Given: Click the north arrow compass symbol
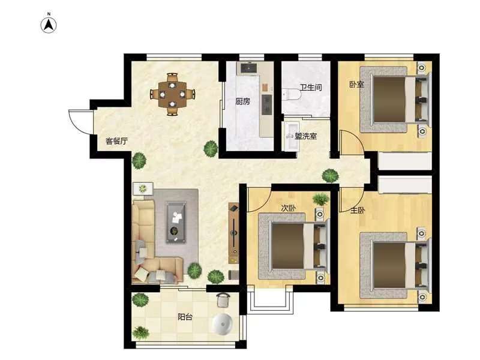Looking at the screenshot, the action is tap(49, 25).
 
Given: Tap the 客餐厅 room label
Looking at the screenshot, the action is tap(116, 141).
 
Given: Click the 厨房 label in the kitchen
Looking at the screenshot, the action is tap(243, 101).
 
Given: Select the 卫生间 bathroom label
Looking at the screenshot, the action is tap(311, 88).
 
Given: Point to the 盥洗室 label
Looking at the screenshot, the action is tap(306, 136).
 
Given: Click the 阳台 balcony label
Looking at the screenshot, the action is tap(185, 317).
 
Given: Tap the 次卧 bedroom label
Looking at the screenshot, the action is tap(289, 208).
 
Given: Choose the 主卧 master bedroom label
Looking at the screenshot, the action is tap(358, 211).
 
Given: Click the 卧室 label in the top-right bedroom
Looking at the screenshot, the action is tap(356, 84).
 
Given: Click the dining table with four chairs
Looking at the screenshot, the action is tap(173, 94).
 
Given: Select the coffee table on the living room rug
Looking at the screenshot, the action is tap(176, 222).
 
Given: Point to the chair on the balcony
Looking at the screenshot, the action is tap(223, 299).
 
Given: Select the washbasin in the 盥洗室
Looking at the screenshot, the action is tap(291, 136).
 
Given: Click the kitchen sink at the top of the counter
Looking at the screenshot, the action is tap(248, 68).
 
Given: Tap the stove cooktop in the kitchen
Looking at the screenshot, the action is tap(266, 104).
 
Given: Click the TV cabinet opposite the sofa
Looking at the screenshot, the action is tap(233, 233).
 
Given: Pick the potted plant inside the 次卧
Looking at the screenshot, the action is tap(321, 199).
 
